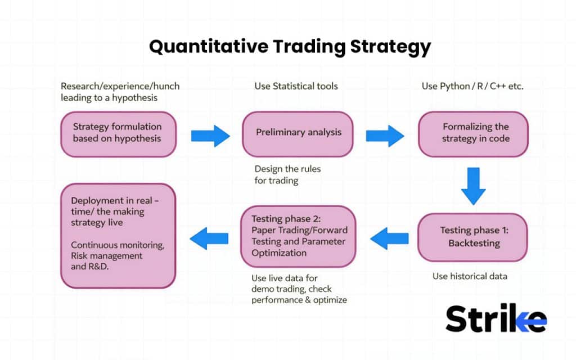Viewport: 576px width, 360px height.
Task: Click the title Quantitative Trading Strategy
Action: [290, 46]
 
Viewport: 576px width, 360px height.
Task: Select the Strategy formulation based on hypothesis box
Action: [118, 133]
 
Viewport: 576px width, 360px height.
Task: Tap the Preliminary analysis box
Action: [298, 133]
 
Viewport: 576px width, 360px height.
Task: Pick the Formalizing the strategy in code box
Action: [473, 133]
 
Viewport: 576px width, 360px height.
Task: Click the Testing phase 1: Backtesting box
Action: [473, 237]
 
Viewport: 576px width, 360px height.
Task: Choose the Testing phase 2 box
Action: [298, 236]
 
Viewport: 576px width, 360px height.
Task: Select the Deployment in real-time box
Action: [118, 236]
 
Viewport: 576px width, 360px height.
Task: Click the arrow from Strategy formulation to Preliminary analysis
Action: [210, 136]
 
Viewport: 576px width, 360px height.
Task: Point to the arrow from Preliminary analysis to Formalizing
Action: [385, 136]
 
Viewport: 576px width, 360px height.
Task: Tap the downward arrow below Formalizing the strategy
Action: [473, 186]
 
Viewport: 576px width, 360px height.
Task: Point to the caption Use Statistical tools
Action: [296, 86]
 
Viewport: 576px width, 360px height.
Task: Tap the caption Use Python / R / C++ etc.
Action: [473, 86]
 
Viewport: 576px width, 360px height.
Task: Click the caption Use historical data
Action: [470, 276]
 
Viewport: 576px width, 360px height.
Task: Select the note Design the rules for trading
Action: [287, 174]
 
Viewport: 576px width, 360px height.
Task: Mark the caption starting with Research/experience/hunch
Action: [120, 92]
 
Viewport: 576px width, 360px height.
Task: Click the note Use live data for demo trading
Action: [299, 289]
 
